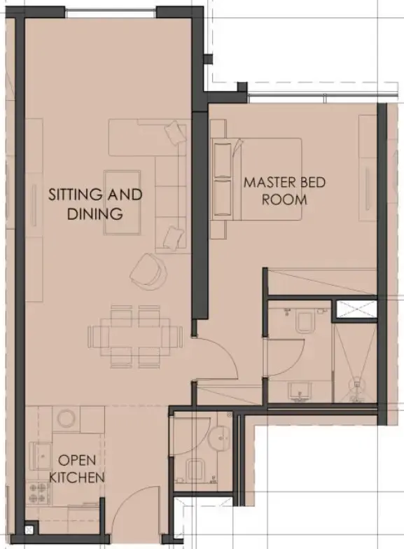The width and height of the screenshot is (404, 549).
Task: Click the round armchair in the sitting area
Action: click(149, 270)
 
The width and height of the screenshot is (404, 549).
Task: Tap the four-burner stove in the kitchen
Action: click(36, 492)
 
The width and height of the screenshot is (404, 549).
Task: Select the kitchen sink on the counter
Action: click(38, 453)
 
